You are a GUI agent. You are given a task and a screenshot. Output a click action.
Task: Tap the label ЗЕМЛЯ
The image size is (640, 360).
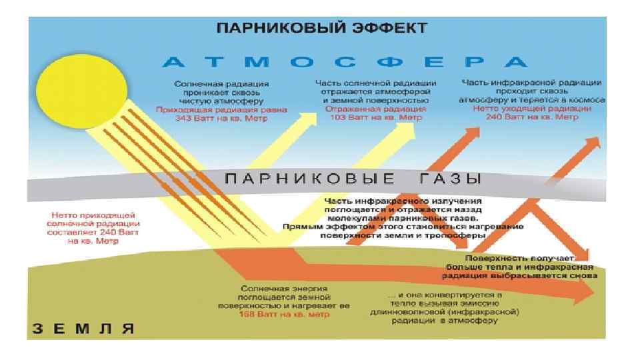83,328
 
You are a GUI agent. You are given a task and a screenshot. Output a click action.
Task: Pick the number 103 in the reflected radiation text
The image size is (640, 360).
341,116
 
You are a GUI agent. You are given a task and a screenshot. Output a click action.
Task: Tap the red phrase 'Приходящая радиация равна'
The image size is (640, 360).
221,111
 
